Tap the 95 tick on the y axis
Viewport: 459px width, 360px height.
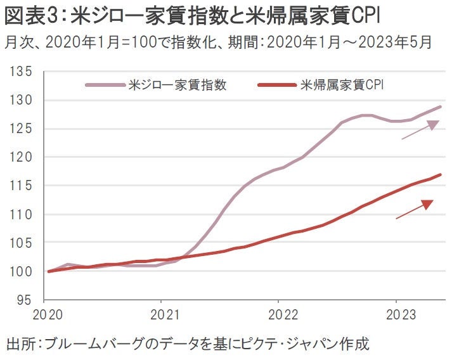click(24, 300)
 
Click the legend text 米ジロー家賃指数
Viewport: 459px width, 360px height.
click(177, 84)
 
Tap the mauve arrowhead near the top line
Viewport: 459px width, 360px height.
click(432, 125)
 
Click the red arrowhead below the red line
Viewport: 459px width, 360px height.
click(427, 204)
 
